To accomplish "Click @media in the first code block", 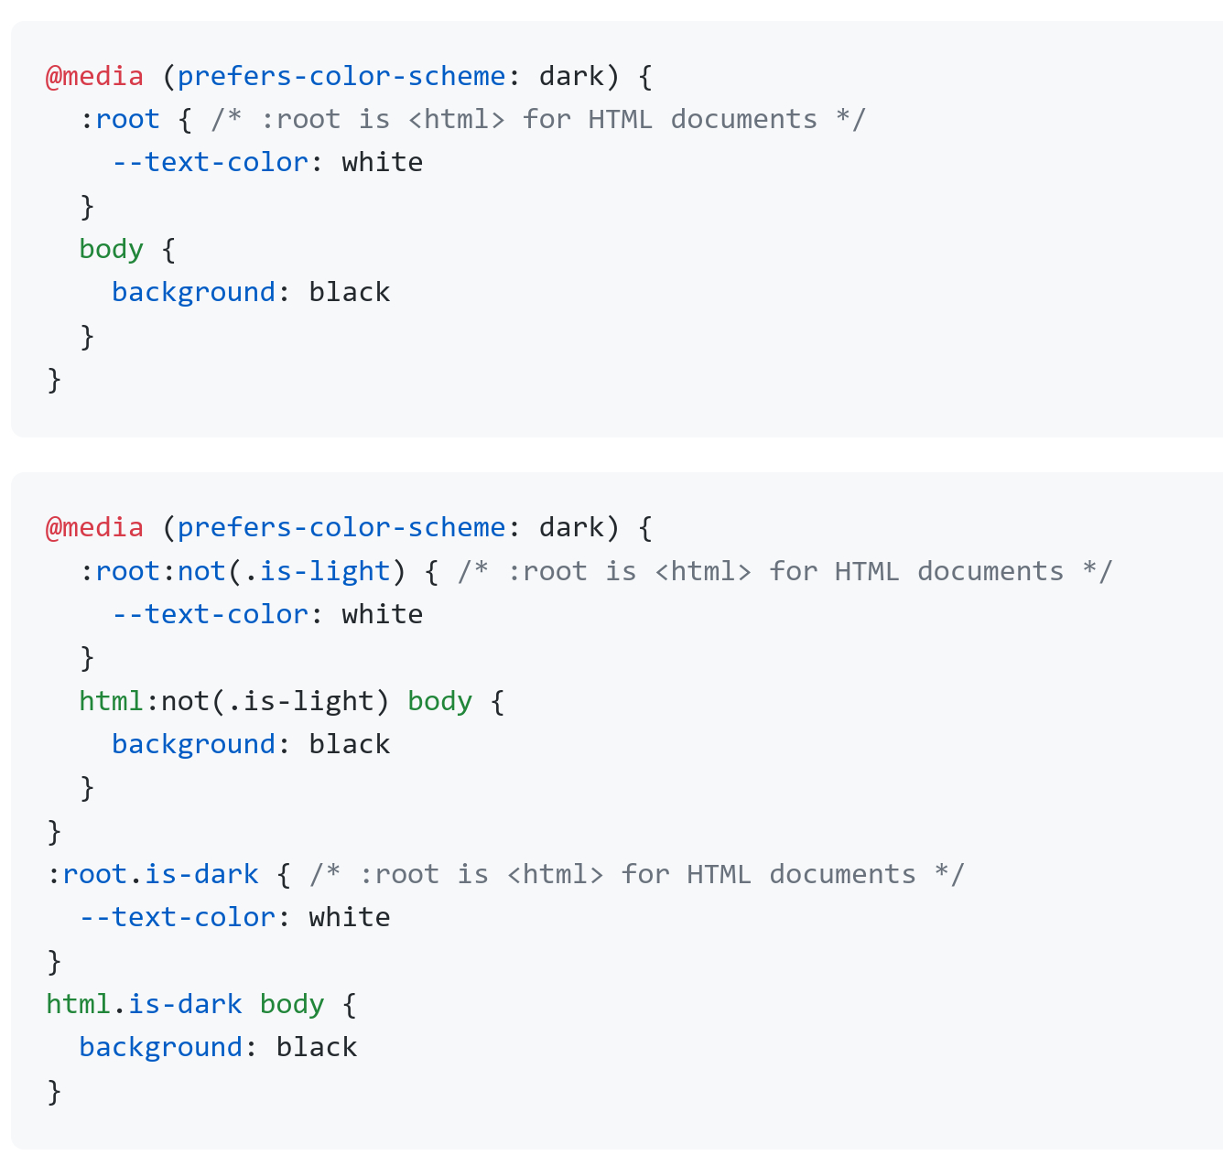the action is click(x=94, y=77).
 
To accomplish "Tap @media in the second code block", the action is click(x=94, y=527).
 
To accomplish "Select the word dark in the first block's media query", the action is click(x=571, y=76).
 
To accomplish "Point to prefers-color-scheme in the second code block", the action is click(x=341, y=528).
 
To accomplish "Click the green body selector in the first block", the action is click(x=112, y=250).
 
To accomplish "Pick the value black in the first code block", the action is click(x=350, y=292).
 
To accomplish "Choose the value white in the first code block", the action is click(x=383, y=162).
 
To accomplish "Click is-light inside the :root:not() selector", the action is click(x=325, y=571).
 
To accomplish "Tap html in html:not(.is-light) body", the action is click(x=112, y=700).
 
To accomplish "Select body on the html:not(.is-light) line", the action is click(x=439, y=702).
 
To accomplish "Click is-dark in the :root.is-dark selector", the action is click(x=201, y=873).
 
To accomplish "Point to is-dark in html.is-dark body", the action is click(x=185, y=1004).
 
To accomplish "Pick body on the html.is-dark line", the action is click(x=292, y=1005).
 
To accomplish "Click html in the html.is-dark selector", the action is click(x=79, y=1004).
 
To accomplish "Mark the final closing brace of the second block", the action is click(x=54, y=1091).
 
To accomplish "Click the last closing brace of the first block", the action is click(x=54, y=380).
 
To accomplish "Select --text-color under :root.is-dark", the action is click(x=178, y=917).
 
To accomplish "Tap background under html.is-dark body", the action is click(x=160, y=1048).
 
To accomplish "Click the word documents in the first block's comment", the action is click(x=744, y=119).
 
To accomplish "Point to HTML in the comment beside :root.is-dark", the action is click(x=720, y=873).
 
